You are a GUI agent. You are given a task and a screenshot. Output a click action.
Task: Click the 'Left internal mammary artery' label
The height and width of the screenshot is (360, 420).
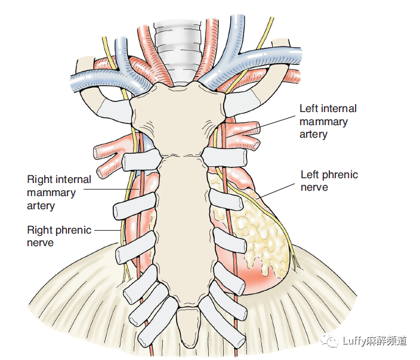(x=328, y=122)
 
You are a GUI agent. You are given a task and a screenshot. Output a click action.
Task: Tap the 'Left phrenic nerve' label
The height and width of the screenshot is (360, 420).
(x=329, y=181)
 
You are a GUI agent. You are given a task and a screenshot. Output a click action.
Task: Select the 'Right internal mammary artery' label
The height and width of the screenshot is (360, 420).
(x=59, y=193)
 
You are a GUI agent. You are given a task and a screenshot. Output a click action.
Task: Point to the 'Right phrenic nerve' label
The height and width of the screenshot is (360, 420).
(x=59, y=236)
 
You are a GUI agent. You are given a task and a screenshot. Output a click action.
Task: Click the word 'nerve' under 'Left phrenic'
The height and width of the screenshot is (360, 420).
(x=314, y=188)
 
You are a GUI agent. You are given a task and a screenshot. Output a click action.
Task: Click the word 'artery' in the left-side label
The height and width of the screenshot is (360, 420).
(x=41, y=206)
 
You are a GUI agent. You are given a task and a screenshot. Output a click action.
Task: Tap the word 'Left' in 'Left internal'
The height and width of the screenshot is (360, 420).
(x=309, y=108)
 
